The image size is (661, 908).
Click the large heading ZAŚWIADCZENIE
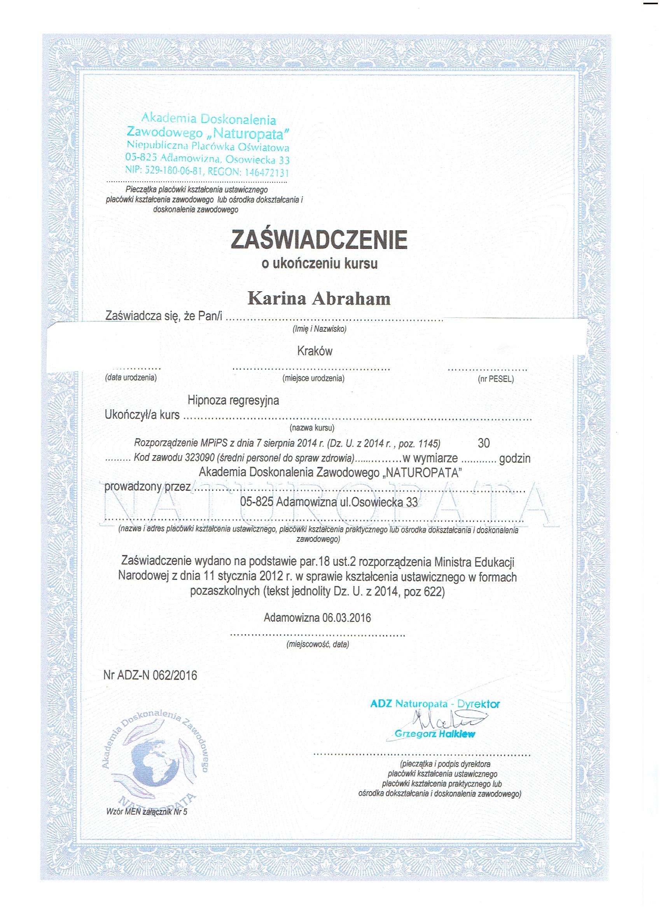319,240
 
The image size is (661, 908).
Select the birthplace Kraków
315,351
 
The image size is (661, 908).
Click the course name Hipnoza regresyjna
233,400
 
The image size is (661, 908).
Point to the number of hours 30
484,443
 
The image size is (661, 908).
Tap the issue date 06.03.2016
346,618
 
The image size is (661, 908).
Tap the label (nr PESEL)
495,379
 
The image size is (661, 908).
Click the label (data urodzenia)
131,377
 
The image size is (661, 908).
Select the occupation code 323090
199,458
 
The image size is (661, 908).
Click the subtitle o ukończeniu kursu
320,264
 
